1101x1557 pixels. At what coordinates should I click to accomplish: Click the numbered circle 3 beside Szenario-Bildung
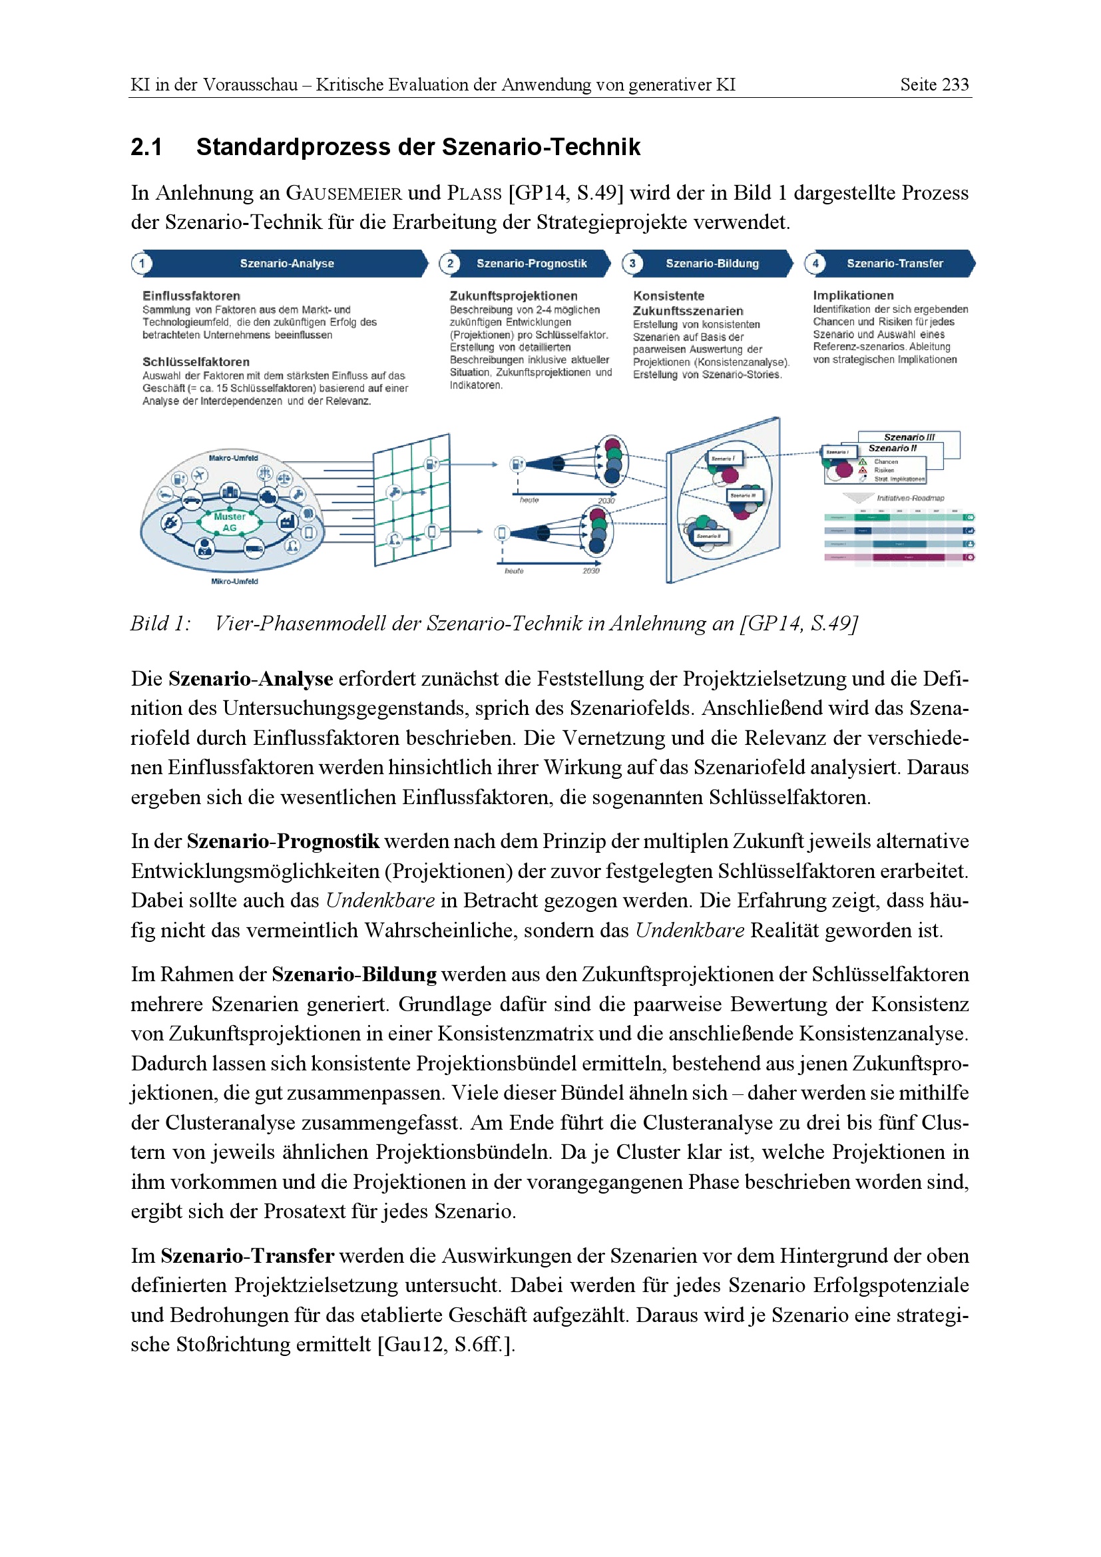click(632, 263)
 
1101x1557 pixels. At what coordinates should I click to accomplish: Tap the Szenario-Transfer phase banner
click(894, 263)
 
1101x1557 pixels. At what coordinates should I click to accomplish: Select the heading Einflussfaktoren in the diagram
click(191, 296)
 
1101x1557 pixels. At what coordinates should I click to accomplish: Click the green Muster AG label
click(229, 521)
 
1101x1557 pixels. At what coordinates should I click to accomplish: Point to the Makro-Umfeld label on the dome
click(233, 458)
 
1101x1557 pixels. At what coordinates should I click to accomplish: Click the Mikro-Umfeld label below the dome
click(234, 581)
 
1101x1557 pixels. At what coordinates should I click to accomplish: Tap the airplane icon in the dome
click(199, 475)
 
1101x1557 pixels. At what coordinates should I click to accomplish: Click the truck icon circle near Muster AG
click(254, 547)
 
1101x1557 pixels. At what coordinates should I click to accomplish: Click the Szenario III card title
click(909, 437)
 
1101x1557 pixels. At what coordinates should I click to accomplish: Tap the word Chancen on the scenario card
click(885, 462)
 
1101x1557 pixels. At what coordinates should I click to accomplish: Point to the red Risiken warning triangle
click(863, 470)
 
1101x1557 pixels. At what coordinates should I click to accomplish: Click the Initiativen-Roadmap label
click(910, 498)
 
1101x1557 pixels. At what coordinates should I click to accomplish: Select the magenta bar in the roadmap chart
click(908, 557)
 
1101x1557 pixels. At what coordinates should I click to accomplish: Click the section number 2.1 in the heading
click(146, 147)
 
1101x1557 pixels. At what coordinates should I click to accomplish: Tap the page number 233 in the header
click(955, 85)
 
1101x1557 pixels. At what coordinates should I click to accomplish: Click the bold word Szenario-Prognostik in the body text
click(283, 841)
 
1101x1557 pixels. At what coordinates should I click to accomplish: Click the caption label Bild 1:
click(160, 623)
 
